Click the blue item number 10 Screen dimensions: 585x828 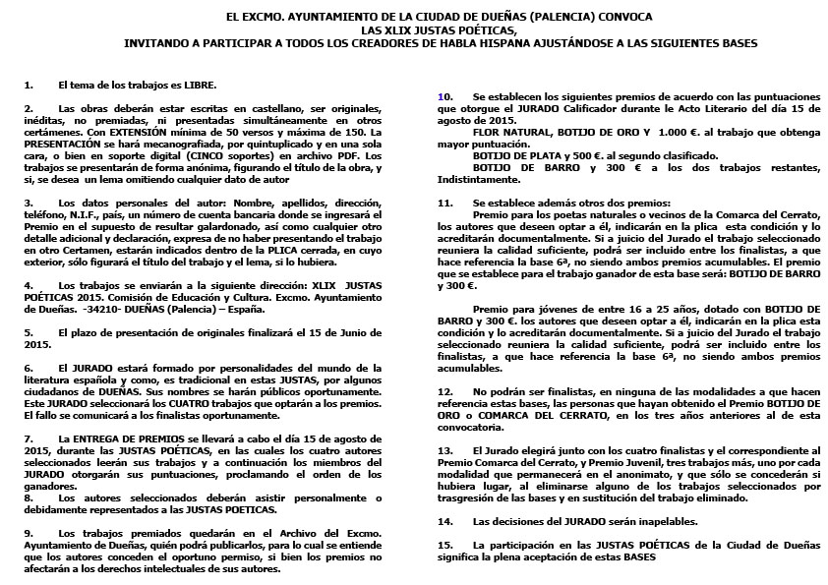[x=443, y=95]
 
